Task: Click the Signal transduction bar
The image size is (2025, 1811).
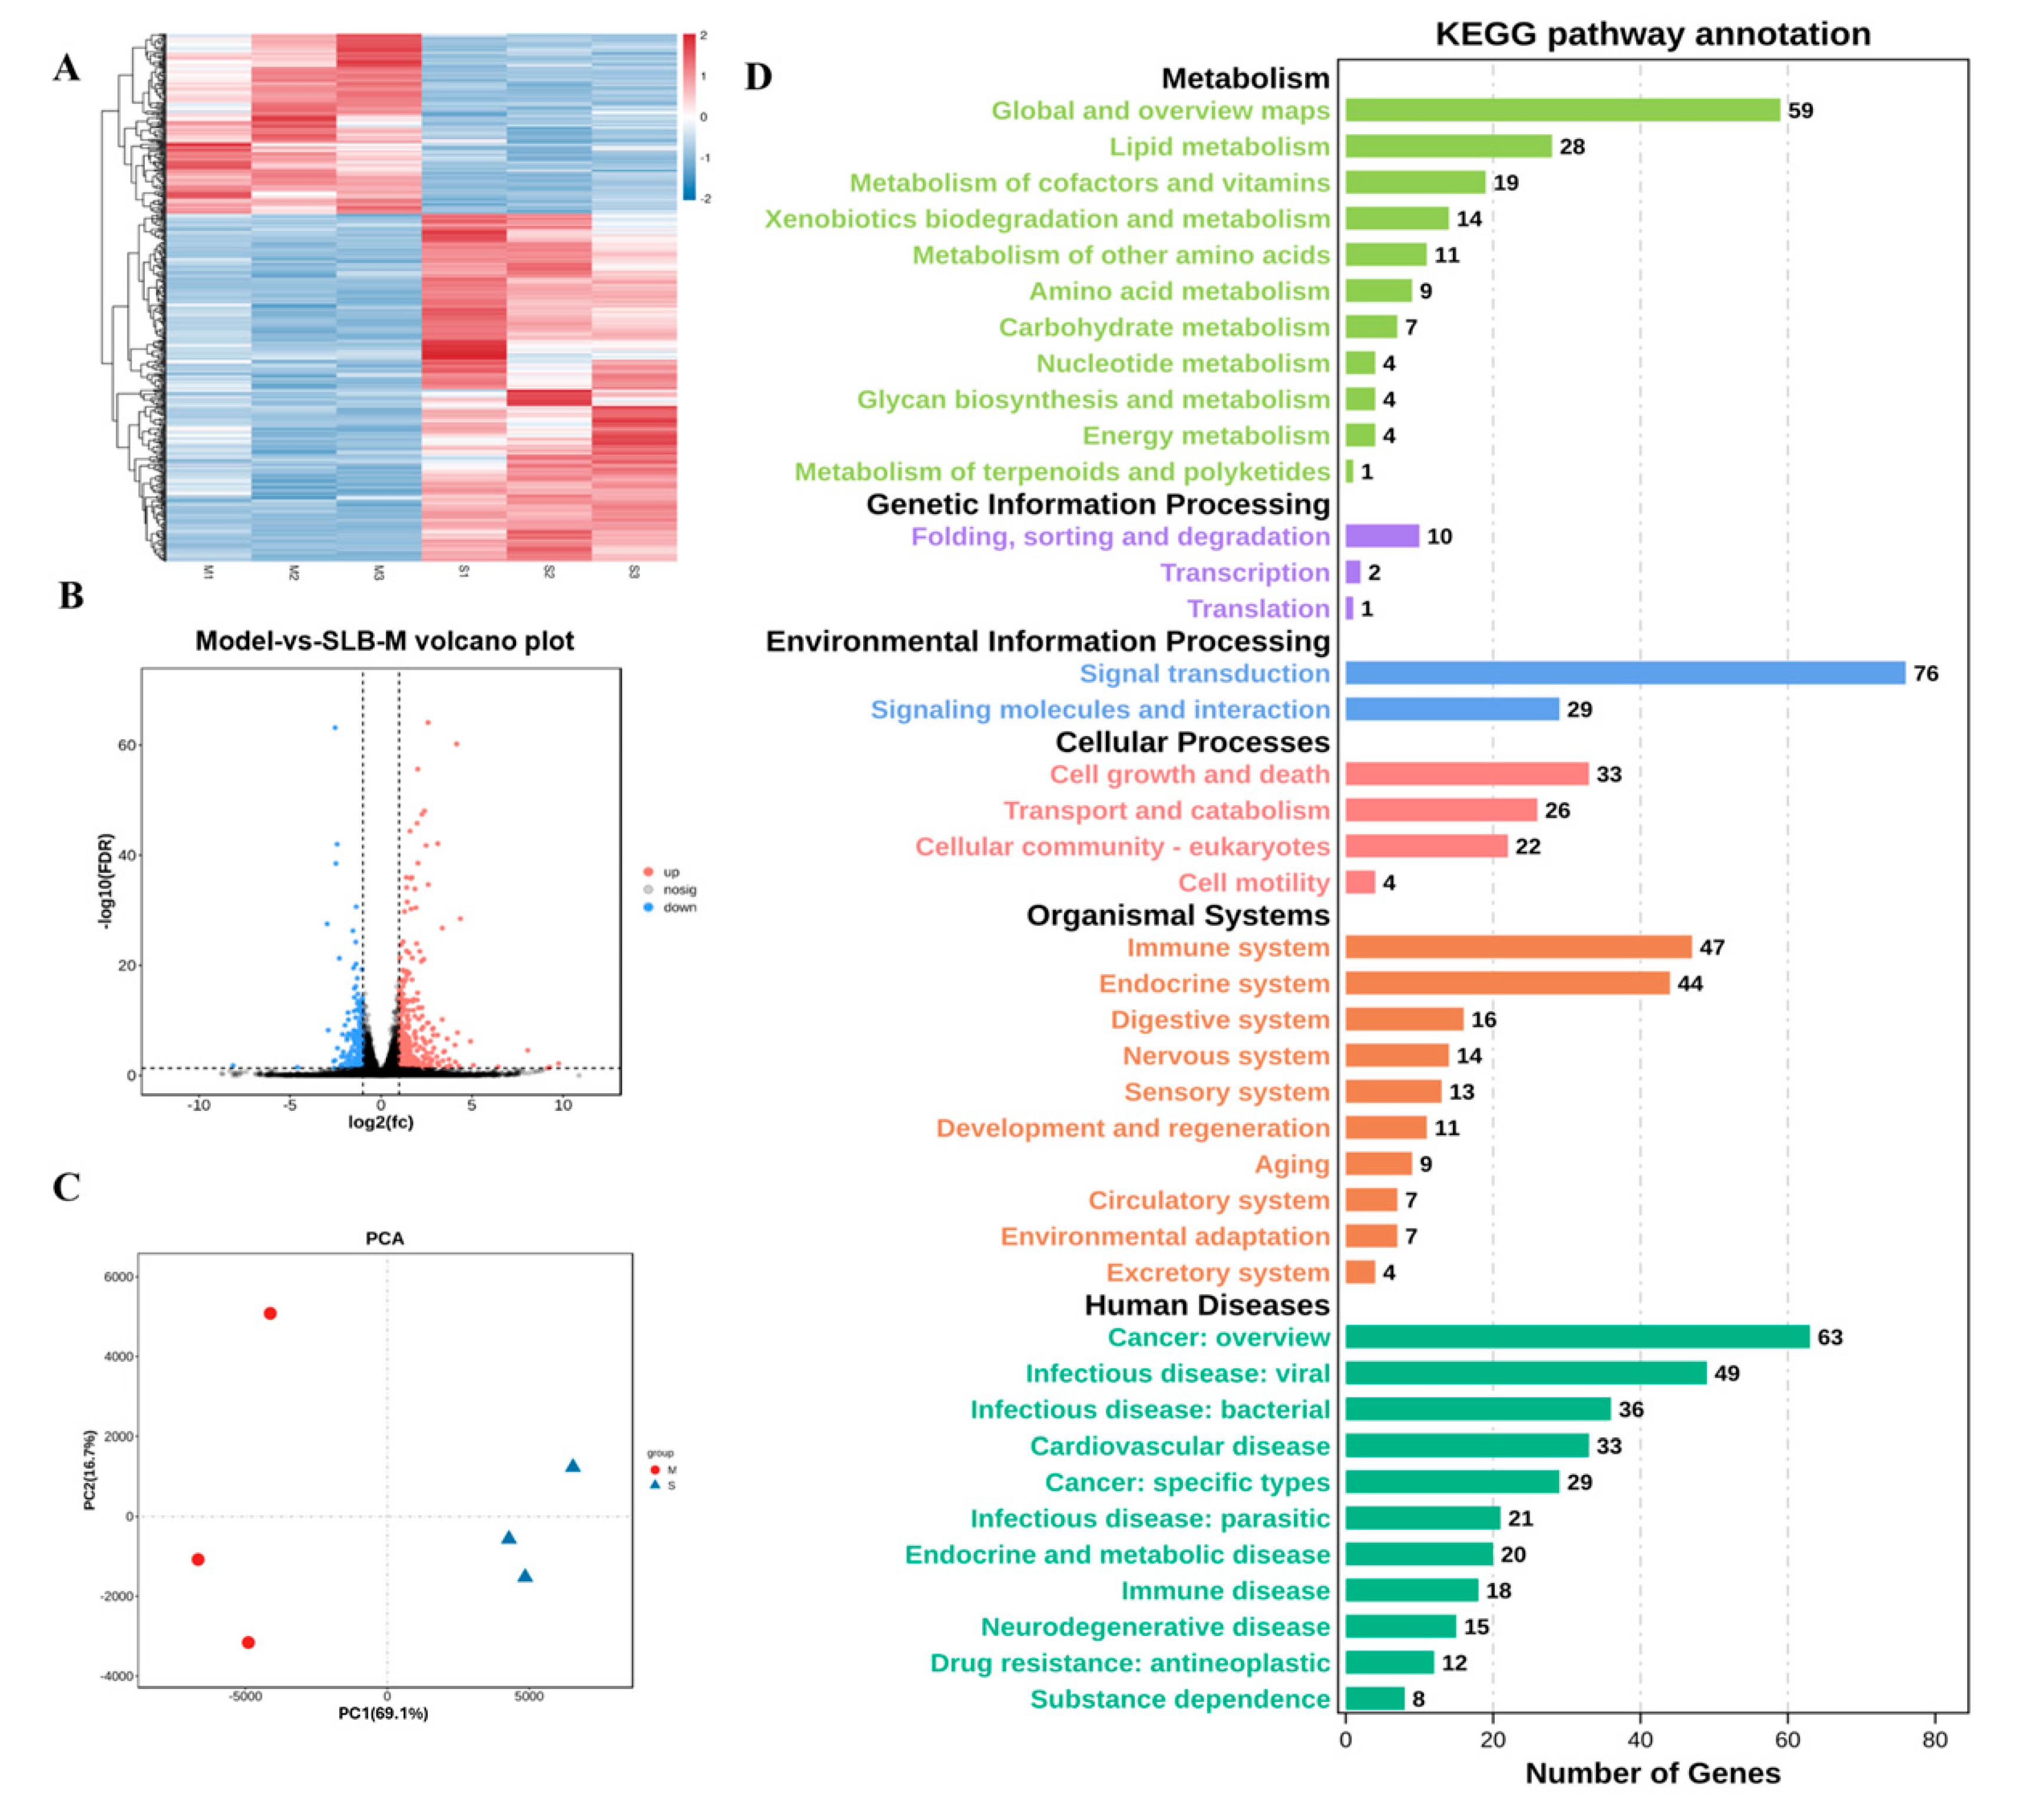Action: (x=1624, y=674)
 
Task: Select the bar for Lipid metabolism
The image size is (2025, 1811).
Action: (x=1448, y=146)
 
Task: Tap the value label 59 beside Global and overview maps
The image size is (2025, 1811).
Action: (x=1800, y=110)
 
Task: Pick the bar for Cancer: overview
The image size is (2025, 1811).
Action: (x=1577, y=1337)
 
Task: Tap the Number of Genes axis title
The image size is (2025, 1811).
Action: (x=1652, y=1773)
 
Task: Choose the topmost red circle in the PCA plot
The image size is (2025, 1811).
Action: (x=269, y=1314)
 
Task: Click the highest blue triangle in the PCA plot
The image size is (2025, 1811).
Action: (x=573, y=1466)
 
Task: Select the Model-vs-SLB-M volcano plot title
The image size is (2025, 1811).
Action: (x=384, y=641)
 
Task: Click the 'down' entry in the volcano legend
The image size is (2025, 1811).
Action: (x=678, y=908)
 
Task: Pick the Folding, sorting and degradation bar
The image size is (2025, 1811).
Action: (x=1382, y=536)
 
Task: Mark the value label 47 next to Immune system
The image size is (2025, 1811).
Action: (x=1712, y=947)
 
